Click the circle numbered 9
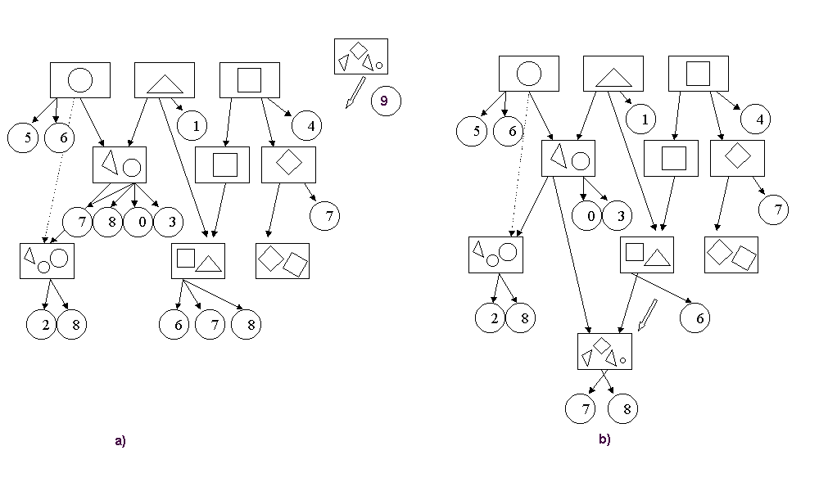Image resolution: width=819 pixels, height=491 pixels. click(x=385, y=101)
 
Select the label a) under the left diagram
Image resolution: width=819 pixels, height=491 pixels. click(x=120, y=440)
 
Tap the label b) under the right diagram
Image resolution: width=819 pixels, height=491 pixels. click(x=604, y=439)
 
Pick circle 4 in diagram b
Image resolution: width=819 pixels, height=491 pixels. click(x=758, y=119)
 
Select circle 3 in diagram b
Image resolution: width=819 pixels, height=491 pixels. click(x=618, y=215)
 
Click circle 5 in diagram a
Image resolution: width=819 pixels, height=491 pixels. click(x=27, y=137)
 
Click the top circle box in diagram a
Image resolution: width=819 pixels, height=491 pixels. click(x=79, y=79)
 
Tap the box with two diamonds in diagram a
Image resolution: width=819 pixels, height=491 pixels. click(x=282, y=260)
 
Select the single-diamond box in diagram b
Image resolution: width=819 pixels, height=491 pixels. click(x=737, y=158)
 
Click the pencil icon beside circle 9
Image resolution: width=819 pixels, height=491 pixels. click(x=354, y=92)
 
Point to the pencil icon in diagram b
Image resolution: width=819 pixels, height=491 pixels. click(x=648, y=313)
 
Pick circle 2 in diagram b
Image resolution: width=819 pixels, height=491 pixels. click(x=493, y=318)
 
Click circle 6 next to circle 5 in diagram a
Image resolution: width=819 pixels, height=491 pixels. click(x=62, y=137)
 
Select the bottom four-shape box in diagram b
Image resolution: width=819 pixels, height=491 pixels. click(x=604, y=351)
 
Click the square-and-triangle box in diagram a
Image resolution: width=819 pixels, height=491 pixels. click(x=197, y=260)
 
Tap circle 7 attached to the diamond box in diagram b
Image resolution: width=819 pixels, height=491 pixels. click(x=774, y=209)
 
